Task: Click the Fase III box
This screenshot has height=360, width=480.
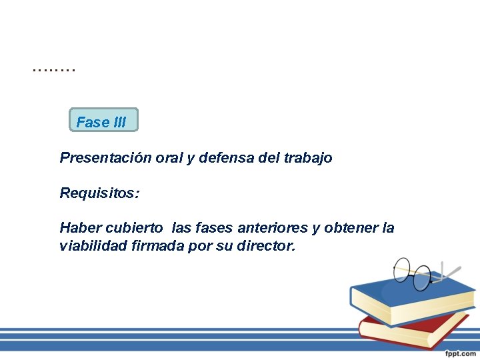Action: point(103,120)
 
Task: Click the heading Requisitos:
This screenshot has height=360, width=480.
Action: point(99,193)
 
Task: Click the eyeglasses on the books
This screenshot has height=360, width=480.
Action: point(417,273)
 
